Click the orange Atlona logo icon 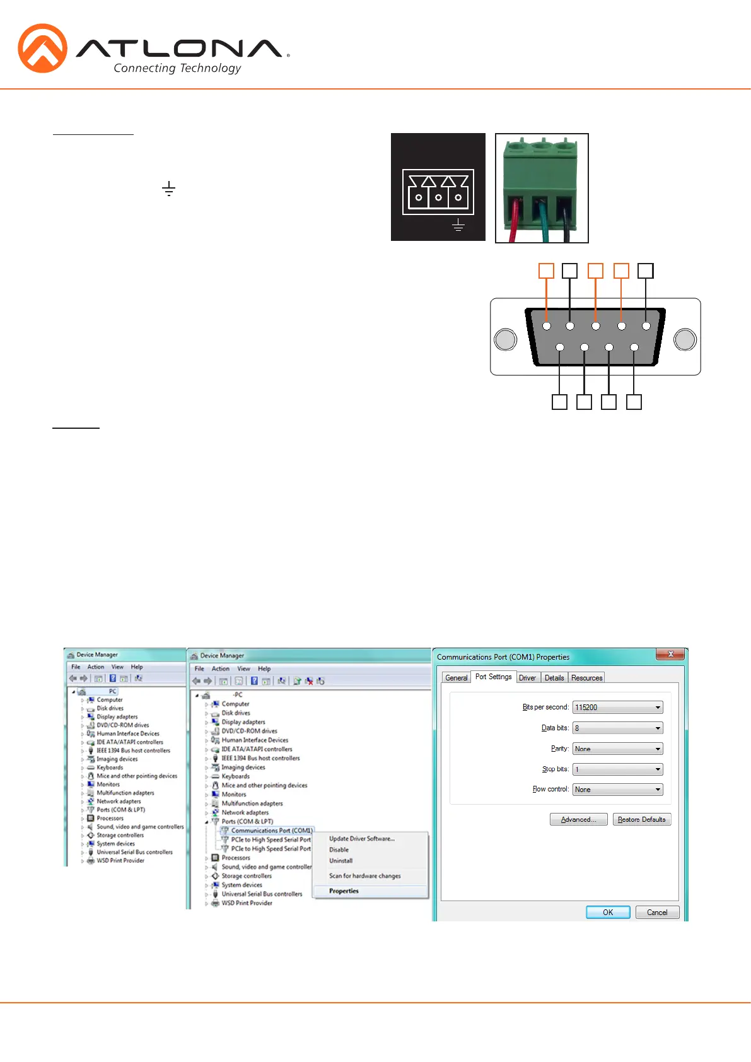click(42, 48)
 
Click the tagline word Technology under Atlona click(210, 68)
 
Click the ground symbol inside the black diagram click(458, 225)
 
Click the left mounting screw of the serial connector click(505, 339)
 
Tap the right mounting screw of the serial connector click(685, 339)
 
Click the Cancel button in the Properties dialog click(656, 913)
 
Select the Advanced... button click(578, 819)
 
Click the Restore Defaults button click(641, 819)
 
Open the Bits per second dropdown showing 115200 click(618, 708)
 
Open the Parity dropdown click(618, 749)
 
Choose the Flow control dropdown click(618, 790)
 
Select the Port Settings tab click(493, 677)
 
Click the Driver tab click(527, 678)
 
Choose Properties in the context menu click(344, 891)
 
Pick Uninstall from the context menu click(341, 861)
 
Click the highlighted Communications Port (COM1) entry click(271, 831)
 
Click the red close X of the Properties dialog click(670, 655)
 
